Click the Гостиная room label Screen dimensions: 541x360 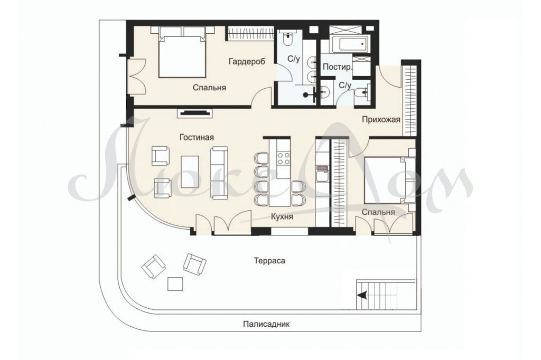pos(197,137)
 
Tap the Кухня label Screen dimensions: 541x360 pos(282,216)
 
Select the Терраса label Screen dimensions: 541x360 pos(269,261)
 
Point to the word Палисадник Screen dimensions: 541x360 pos(266,324)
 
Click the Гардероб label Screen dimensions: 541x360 pos(247,62)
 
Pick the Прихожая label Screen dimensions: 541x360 pos(381,120)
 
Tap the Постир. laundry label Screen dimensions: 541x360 pos(337,67)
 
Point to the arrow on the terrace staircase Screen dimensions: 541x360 pos(362,295)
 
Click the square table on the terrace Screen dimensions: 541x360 pos(175,284)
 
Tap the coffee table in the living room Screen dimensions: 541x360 pos(190,172)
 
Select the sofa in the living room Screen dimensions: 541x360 pos(220,173)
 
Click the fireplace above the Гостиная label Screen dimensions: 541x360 pos(195,113)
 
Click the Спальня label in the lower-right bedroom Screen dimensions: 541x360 pos(378,212)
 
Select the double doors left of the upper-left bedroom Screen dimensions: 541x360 pos(137,77)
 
